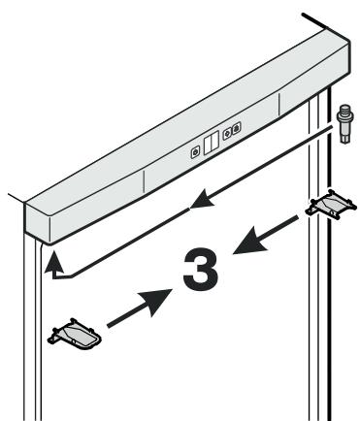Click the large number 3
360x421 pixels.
tap(201, 270)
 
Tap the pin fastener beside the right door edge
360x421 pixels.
tap(345, 123)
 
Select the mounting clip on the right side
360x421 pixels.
tap(331, 206)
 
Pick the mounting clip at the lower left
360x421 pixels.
tap(75, 335)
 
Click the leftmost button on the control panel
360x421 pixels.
tap(195, 152)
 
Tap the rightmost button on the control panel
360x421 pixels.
tap(237, 127)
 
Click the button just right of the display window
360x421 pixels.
tap(227, 133)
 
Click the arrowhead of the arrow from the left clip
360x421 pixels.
tap(156, 301)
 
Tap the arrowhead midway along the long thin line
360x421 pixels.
tap(202, 199)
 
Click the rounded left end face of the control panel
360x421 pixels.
tap(37, 222)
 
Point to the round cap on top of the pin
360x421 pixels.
tap(345, 108)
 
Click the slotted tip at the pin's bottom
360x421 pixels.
tap(345, 138)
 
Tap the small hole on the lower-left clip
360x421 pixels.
tap(74, 341)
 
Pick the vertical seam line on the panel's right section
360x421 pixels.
tap(278, 104)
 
